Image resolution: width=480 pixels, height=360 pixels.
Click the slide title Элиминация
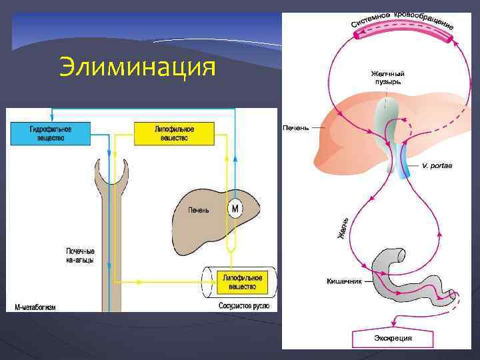point(137,67)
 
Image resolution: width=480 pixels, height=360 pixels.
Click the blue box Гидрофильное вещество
point(50,133)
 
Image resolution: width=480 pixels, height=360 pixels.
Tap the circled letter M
point(235,209)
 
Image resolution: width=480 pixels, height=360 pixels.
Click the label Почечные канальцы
point(79,255)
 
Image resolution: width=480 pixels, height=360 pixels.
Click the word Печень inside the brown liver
point(198,210)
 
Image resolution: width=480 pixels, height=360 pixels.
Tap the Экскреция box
point(392,338)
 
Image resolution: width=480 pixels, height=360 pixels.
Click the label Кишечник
point(344,281)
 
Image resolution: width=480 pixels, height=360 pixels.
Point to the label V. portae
point(437,165)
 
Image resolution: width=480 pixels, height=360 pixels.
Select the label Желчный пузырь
point(387,77)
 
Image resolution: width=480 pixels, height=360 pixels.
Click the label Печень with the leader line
point(296,127)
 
